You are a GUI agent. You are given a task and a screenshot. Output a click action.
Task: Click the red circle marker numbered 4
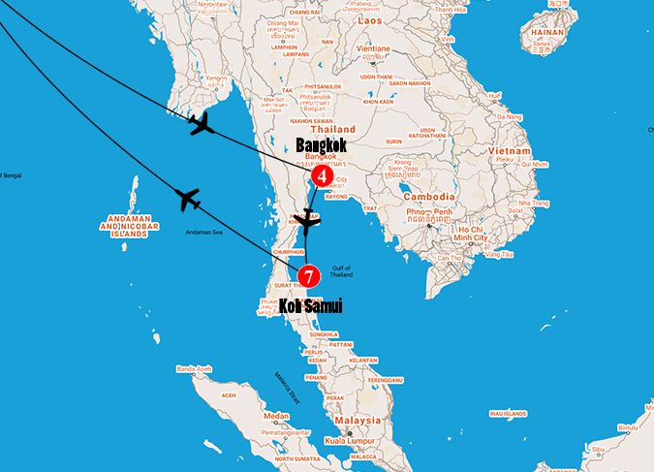(322, 178)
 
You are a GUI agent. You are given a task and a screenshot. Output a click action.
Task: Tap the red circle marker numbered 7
(308, 276)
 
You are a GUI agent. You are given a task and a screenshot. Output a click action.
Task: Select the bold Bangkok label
(321, 144)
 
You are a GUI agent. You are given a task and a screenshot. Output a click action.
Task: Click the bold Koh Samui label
(310, 306)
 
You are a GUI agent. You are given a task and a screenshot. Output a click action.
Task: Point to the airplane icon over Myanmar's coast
(201, 123)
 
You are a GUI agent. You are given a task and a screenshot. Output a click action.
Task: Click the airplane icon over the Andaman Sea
(188, 200)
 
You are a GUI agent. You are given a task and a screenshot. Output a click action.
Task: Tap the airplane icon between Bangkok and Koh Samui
(308, 222)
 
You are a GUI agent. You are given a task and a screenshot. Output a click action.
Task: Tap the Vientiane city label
(373, 48)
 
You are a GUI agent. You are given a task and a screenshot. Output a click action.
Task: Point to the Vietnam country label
(509, 152)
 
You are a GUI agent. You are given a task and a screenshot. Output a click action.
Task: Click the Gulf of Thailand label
(340, 271)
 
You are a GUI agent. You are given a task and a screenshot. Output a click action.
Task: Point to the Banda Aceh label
(194, 368)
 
